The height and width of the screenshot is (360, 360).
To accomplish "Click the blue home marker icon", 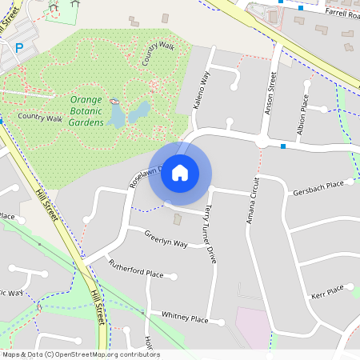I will (180, 173).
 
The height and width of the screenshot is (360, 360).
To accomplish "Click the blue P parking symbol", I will (19, 48).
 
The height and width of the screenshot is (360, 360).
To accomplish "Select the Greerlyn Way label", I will (166, 238).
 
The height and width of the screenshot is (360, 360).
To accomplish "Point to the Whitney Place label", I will (184, 319).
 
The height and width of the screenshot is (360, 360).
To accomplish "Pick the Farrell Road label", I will (341, 13).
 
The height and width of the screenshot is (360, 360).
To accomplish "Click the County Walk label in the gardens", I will (158, 54).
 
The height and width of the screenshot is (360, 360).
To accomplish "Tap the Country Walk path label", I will (40, 118).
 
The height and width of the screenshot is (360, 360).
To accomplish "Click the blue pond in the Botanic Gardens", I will (140, 110).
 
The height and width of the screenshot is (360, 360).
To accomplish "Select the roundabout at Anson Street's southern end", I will (262, 141).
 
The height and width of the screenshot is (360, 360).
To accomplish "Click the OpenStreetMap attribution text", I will (80, 354).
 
